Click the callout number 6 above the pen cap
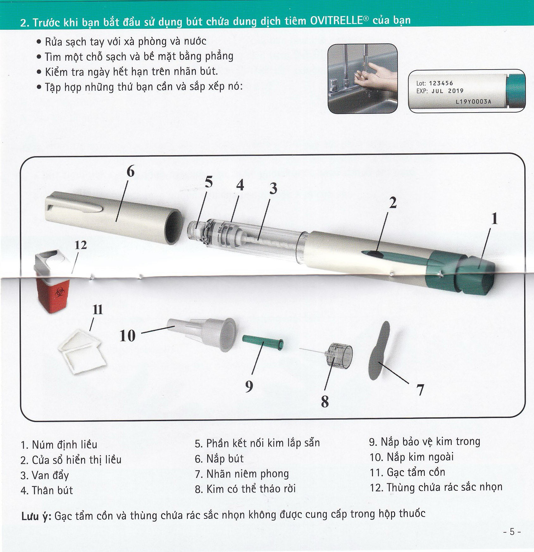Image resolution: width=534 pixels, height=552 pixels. (x=130, y=172)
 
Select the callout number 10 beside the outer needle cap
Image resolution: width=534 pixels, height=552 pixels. (x=127, y=336)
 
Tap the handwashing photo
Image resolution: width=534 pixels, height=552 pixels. (x=362, y=79)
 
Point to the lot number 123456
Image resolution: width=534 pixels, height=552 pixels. (x=441, y=83)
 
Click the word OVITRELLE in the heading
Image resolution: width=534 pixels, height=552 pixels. (x=336, y=21)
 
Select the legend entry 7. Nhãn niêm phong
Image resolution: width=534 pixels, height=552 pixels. (x=242, y=474)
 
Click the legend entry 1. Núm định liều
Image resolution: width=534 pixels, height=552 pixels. (x=59, y=445)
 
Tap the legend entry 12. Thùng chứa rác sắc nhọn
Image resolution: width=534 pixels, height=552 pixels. (x=436, y=487)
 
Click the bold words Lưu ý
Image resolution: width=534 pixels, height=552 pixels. (x=36, y=516)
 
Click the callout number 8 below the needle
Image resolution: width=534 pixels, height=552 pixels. (x=325, y=402)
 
